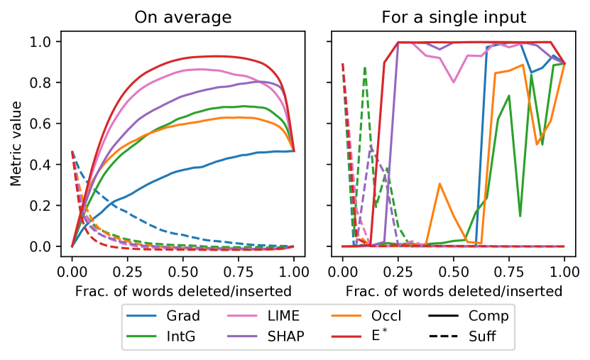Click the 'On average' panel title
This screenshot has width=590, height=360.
point(183,17)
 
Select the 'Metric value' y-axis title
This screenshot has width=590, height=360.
point(16,144)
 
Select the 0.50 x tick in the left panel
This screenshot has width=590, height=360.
point(183,271)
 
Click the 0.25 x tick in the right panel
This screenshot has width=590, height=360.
point(398,271)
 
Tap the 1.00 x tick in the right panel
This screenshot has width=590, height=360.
point(564,271)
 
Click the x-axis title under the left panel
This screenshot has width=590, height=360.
point(183,290)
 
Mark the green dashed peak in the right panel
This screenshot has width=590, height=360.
point(365,68)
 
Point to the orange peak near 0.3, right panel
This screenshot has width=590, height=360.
point(440,184)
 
